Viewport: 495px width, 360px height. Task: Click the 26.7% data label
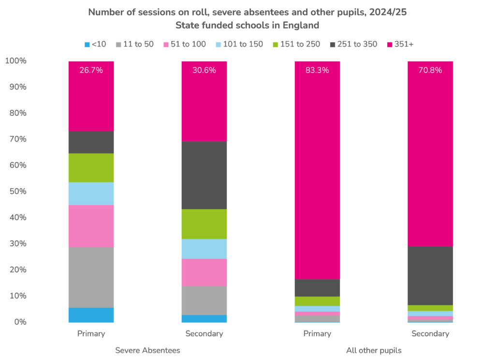[x=91, y=70]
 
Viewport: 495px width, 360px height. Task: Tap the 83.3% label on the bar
[x=317, y=70]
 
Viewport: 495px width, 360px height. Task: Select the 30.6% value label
[x=204, y=70]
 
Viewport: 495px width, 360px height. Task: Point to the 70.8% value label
[x=430, y=70]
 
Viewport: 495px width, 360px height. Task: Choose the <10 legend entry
[x=95, y=45]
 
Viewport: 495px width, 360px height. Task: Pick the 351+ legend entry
[x=400, y=45]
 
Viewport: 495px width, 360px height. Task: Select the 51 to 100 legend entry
[x=183, y=45]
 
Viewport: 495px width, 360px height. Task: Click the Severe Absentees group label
[x=147, y=350]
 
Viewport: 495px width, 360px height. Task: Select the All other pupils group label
[x=374, y=350]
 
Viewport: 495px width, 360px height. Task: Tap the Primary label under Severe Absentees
[x=91, y=334]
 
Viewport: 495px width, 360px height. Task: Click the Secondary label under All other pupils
[x=430, y=334]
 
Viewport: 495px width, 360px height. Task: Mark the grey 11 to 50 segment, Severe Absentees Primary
[x=91, y=277]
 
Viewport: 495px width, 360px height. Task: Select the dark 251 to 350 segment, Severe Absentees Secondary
[x=204, y=175]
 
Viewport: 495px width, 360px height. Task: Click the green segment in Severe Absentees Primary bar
[x=91, y=167]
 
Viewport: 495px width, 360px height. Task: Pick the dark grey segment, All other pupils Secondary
[x=430, y=276]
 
